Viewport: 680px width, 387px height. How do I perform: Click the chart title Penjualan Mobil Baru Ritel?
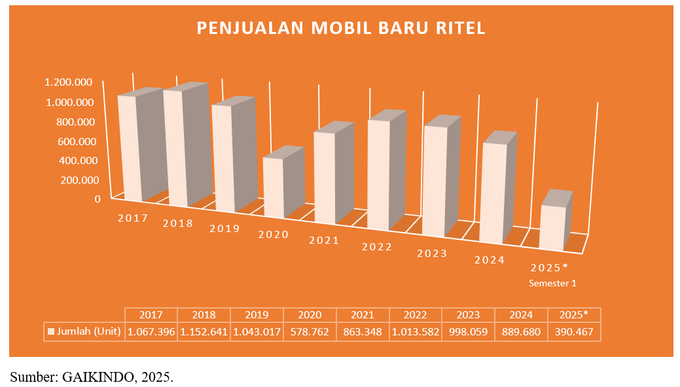click(x=341, y=28)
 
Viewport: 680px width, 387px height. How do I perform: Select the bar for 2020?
click(x=274, y=187)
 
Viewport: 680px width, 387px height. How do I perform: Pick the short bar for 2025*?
click(x=552, y=227)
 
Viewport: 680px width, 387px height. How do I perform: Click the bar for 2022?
click(x=378, y=174)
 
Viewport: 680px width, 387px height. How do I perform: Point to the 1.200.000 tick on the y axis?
click(x=68, y=82)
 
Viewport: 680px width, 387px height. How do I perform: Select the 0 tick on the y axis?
click(x=98, y=199)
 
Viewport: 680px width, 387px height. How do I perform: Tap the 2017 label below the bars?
click(x=133, y=218)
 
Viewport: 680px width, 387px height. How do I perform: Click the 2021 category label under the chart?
click(x=324, y=240)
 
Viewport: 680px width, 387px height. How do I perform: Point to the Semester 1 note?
click(x=553, y=283)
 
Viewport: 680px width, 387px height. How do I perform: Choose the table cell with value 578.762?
click(x=310, y=331)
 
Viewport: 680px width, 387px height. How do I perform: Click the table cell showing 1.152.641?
click(x=204, y=331)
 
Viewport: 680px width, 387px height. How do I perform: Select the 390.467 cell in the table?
click(x=574, y=331)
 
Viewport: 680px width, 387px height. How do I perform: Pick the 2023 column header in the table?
click(x=468, y=314)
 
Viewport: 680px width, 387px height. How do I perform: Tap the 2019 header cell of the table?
click(x=257, y=314)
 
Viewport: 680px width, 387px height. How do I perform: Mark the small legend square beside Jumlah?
click(x=50, y=332)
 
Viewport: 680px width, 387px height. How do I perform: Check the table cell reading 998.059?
click(x=468, y=331)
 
